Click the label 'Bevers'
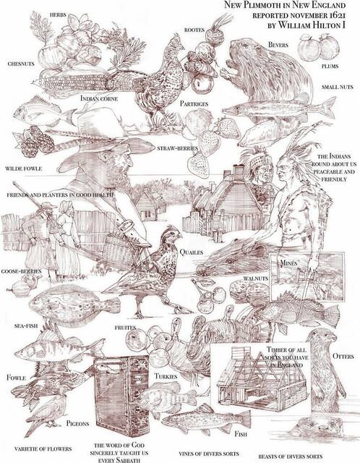click(x=278, y=45)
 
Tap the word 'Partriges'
click(x=194, y=103)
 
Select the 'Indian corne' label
click(x=99, y=98)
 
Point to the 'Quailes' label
click(x=192, y=252)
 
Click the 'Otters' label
click(x=343, y=356)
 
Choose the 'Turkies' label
click(x=166, y=376)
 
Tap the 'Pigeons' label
click(x=77, y=423)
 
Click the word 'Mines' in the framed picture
click(x=288, y=263)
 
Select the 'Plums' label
click(x=330, y=67)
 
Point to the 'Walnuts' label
click(x=255, y=279)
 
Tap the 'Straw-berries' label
click(x=177, y=148)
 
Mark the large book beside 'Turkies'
click(x=121, y=396)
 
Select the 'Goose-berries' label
click(x=21, y=271)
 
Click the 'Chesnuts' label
click(x=21, y=64)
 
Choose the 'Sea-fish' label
click(x=26, y=326)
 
